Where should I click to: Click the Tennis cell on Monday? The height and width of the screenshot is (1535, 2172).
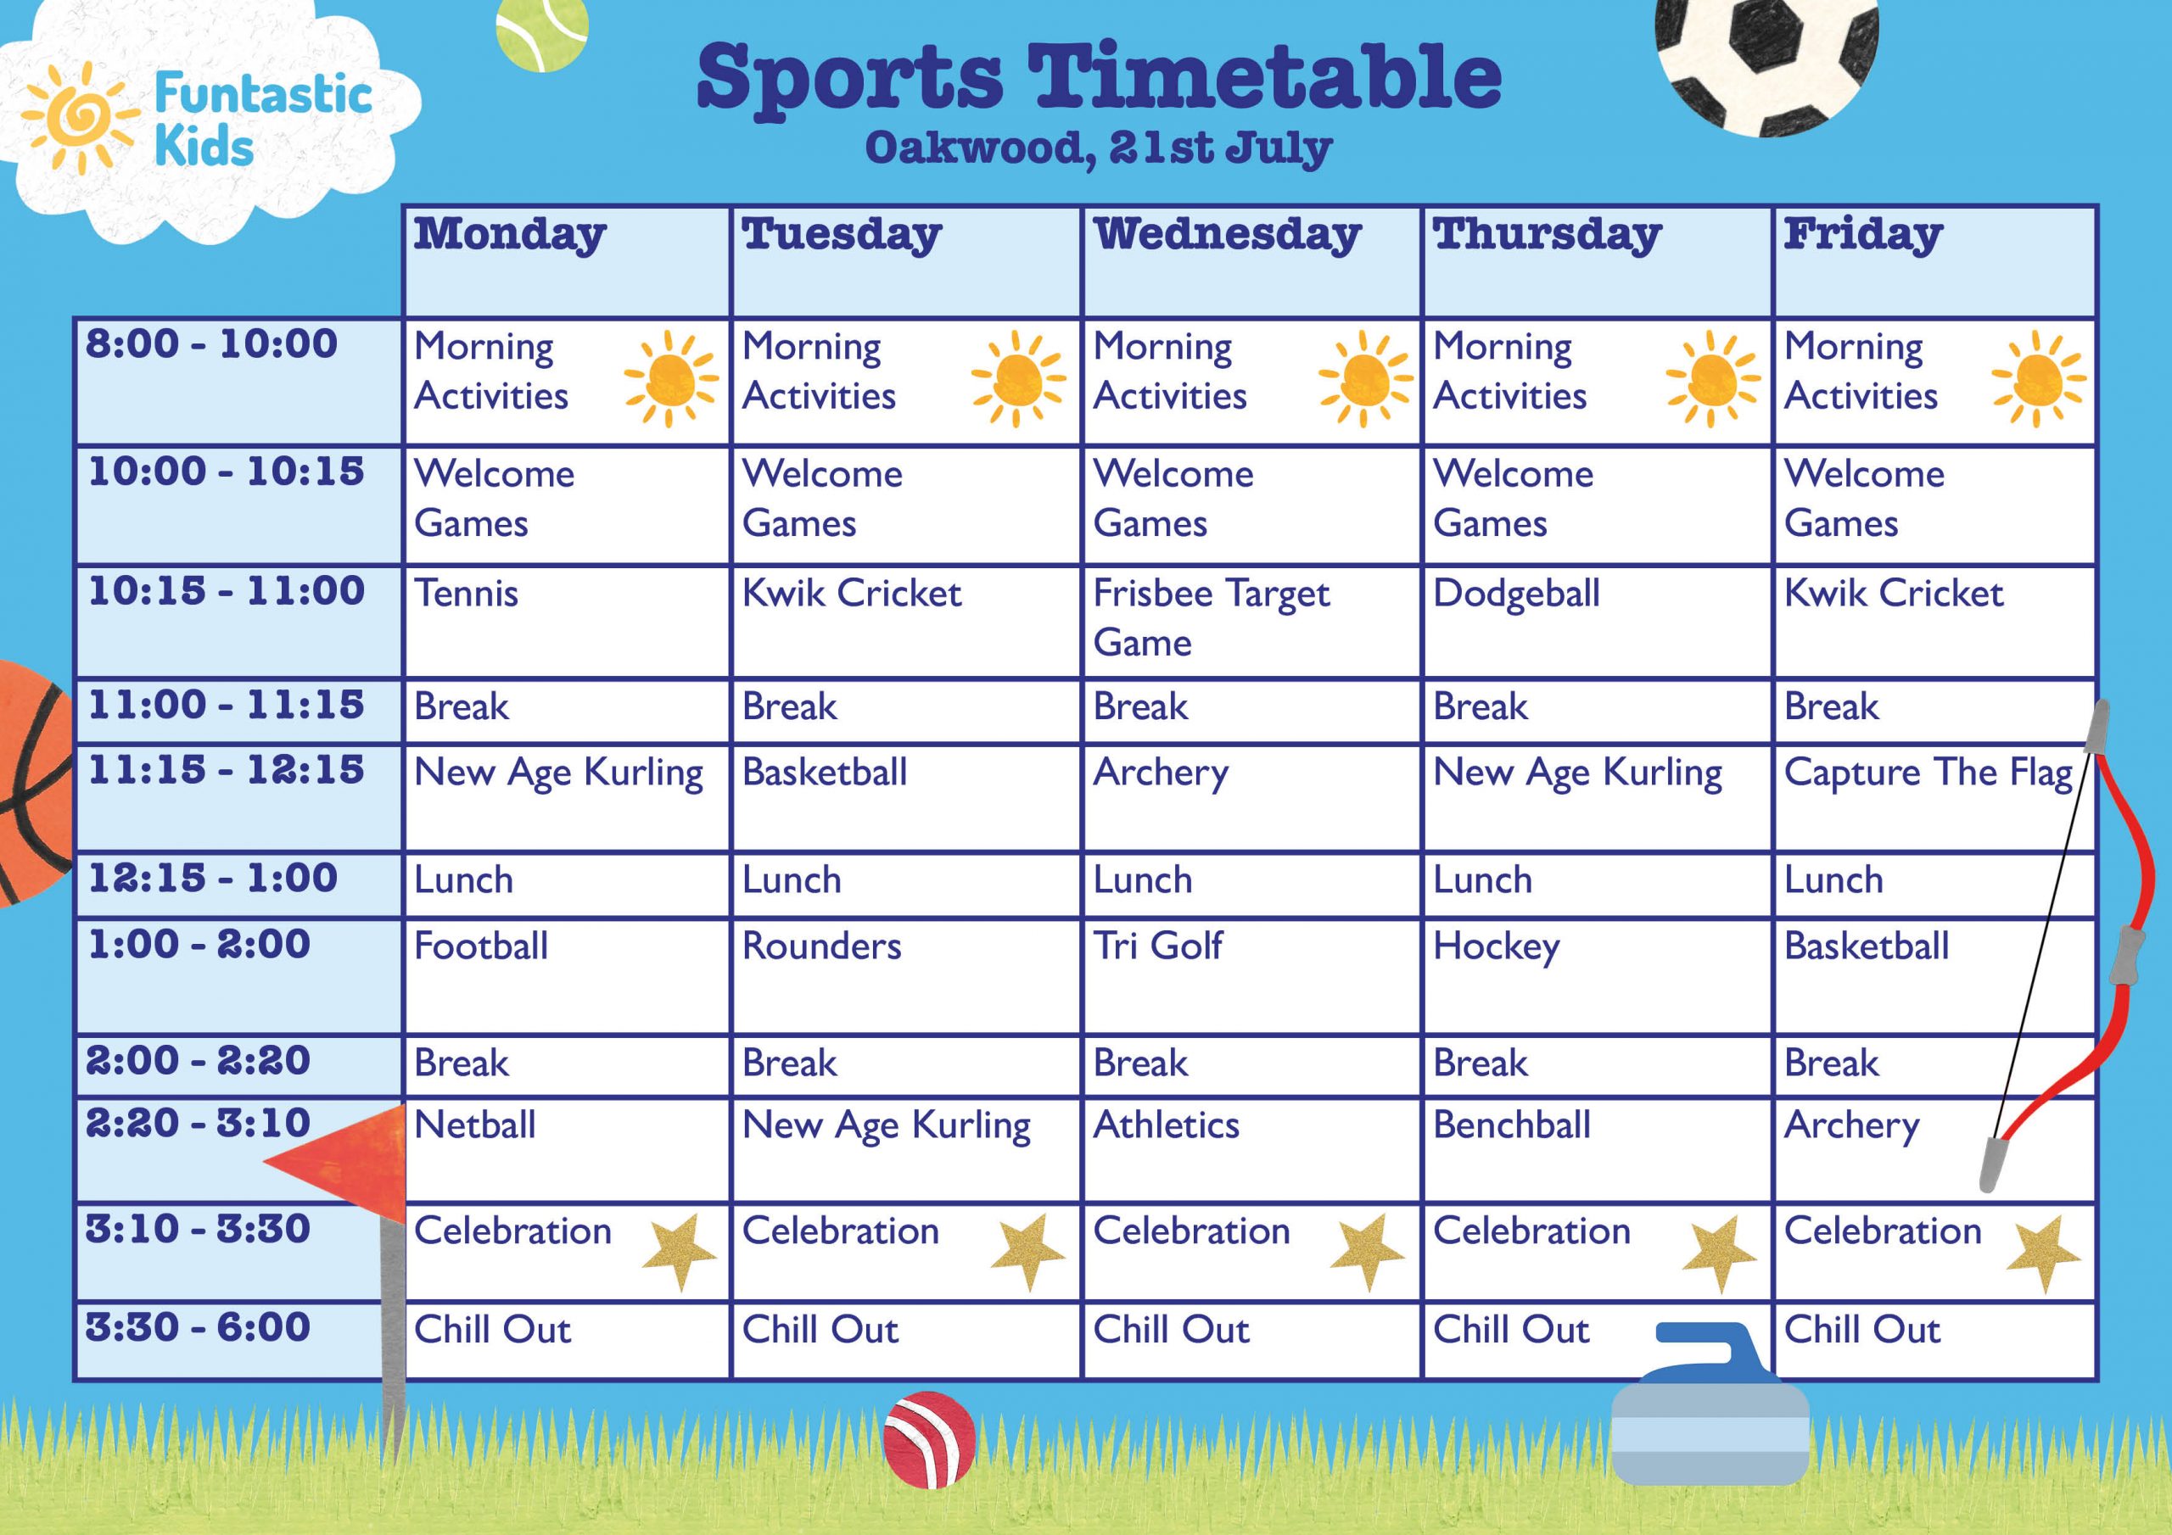point(566,621)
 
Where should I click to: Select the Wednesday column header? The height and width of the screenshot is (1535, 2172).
point(1250,260)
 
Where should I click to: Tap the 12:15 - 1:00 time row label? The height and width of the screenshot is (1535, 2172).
point(238,884)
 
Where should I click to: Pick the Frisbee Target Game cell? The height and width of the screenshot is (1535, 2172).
point(1250,621)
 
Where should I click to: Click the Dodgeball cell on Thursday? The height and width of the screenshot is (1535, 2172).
point(1595,621)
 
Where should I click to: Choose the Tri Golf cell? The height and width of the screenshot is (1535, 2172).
point(1250,974)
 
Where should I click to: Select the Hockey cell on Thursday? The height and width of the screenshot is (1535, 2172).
point(1595,974)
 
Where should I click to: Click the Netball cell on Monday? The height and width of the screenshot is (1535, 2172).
point(566,1148)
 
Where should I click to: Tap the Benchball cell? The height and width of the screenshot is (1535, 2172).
point(1595,1148)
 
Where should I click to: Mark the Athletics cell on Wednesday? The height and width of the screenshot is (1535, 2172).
point(1250,1148)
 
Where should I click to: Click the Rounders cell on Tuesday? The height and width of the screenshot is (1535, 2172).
point(904,974)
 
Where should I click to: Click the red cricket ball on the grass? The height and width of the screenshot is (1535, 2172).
point(928,1439)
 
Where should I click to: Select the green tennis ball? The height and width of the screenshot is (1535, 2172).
point(542,31)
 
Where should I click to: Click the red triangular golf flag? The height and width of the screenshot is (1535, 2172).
point(346,1156)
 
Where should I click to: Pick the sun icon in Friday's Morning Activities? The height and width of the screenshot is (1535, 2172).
point(2038,380)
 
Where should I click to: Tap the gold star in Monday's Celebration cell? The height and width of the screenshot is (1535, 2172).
point(680,1250)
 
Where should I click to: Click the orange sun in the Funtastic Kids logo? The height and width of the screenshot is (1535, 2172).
point(81,118)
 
